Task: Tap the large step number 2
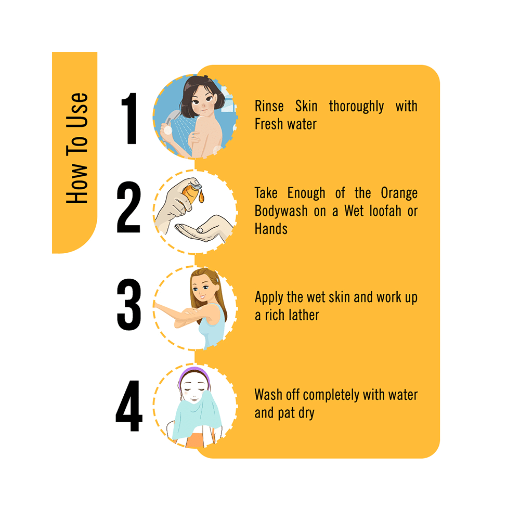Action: [129, 208]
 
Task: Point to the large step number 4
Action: [129, 407]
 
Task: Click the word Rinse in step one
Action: [269, 107]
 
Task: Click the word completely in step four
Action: [328, 395]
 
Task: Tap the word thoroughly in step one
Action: [356, 107]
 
